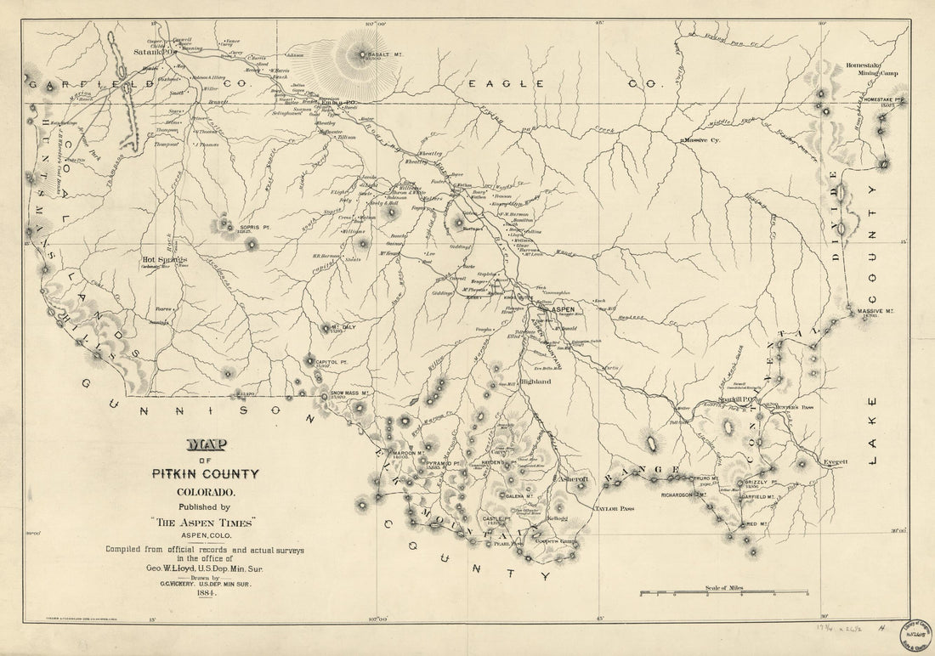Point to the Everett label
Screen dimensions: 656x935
point(836,461)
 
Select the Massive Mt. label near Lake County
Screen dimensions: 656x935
point(875,311)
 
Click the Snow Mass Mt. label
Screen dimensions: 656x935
point(348,393)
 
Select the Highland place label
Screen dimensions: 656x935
point(535,382)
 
